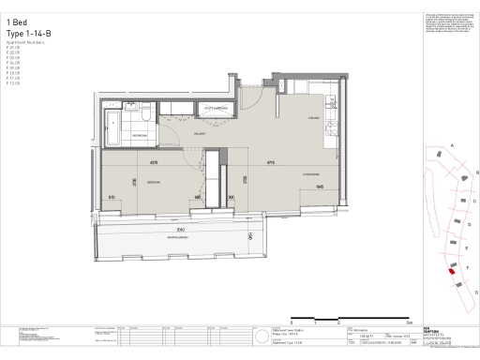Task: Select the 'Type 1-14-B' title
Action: [28, 34]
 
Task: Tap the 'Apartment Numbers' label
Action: [24, 43]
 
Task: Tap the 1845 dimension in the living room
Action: [320, 187]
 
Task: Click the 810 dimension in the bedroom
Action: [112, 197]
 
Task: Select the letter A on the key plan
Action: [453, 147]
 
